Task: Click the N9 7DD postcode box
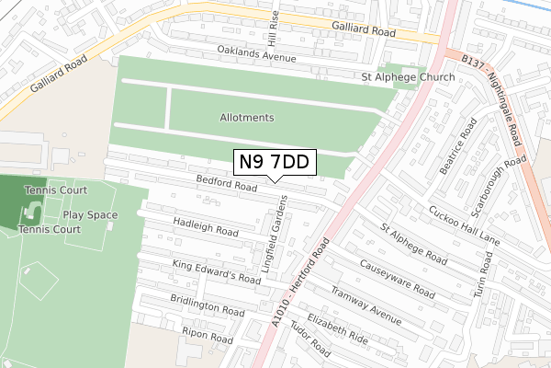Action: click(275, 163)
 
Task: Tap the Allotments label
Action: click(247, 118)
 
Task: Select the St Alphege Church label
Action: click(408, 77)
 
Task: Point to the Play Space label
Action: click(90, 215)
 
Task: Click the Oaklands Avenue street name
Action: click(256, 52)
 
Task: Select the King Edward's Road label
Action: click(217, 271)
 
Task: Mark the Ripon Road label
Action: click(208, 338)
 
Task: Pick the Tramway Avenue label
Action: click(366, 305)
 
